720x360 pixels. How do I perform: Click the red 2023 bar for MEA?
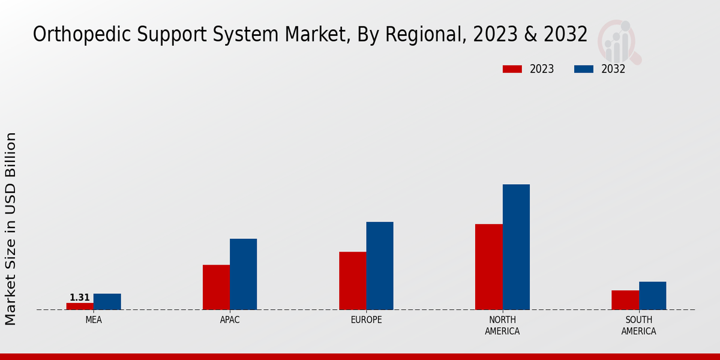pos(80,306)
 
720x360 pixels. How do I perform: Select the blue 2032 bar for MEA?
pos(107,302)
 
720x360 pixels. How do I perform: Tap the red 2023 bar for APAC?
pos(216,287)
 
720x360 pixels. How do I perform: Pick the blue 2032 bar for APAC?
pos(243,274)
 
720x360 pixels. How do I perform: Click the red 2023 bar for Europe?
pos(352,281)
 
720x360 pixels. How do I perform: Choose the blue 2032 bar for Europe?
pos(380,266)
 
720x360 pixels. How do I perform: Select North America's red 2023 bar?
pos(488,267)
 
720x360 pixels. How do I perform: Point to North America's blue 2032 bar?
pos(516,247)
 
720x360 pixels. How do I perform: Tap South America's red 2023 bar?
pos(625,300)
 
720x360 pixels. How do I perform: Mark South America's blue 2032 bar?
pos(652,296)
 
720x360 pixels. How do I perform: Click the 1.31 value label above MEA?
pos(80,298)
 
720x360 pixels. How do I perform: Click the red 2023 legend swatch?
pos(512,69)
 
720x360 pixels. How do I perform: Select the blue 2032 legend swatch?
pos(584,69)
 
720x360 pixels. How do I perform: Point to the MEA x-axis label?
pos(94,320)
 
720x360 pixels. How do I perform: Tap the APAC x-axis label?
pos(230,320)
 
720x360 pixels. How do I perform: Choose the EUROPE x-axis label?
pos(366,320)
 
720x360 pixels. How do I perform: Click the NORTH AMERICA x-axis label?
pos(502,325)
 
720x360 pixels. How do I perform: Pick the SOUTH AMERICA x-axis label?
pos(638,325)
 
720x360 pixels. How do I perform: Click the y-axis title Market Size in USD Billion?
pos(11,229)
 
